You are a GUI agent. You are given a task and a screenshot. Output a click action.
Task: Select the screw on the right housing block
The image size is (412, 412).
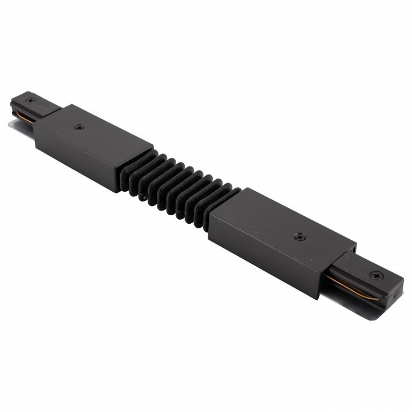298,236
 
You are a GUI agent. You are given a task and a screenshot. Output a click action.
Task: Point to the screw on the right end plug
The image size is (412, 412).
376,275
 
